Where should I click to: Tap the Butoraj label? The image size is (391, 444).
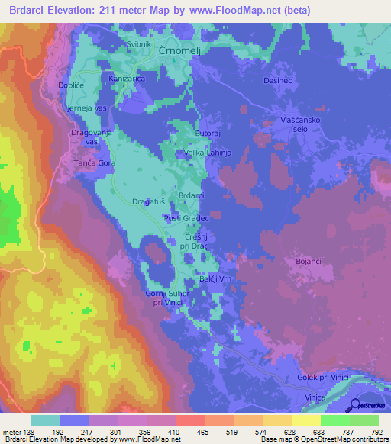pyautogui.click(x=208, y=133)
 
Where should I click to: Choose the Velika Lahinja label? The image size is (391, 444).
pyautogui.click(x=208, y=153)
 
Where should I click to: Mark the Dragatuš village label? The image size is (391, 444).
pyautogui.click(x=147, y=201)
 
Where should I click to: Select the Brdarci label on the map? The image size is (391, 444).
pyautogui.click(x=191, y=195)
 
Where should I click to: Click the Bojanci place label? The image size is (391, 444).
pyautogui.click(x=308, y=262)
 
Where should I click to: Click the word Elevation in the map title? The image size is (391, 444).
pyautogui.click(x=69, y=10)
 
